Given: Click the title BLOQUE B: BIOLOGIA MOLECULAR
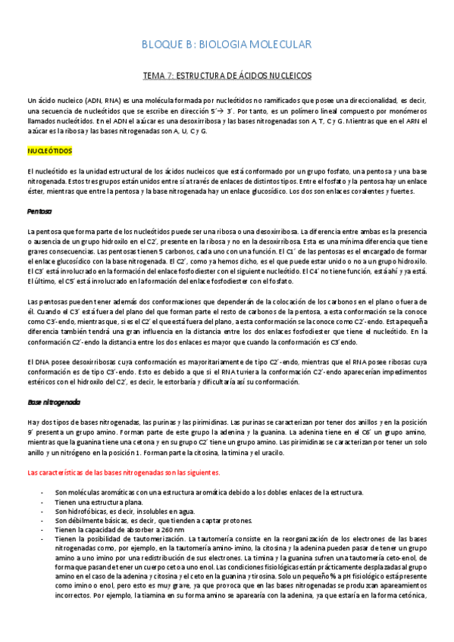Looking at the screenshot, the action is tap(226, 45).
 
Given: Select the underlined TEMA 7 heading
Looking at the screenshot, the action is tap(227, 76).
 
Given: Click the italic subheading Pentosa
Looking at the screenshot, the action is tap(39, 211).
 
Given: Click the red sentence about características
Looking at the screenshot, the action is tap(123, 472).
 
